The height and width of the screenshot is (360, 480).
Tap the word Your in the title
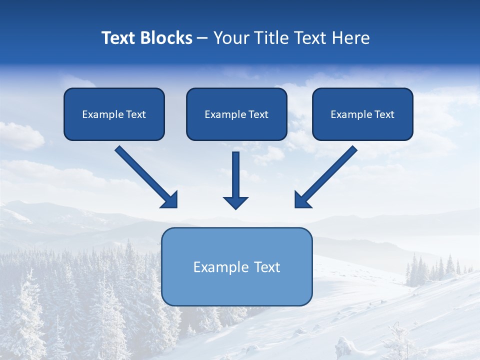click(x=231, y=38)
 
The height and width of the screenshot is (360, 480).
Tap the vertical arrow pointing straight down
click(x=235, y=175)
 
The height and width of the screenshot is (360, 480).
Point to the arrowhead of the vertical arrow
click(x=235, y=202)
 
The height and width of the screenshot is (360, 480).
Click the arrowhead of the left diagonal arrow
click(x=170, y=200)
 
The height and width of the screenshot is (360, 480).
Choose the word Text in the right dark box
click(x=384, y=114)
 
